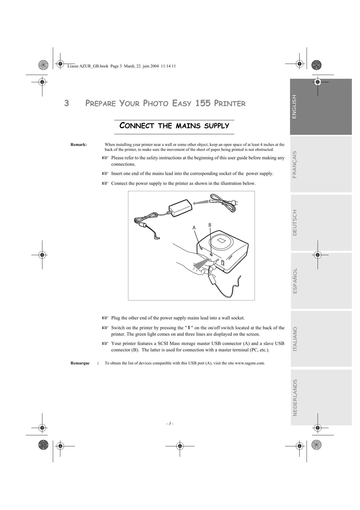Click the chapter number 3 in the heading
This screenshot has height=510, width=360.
[66, 103]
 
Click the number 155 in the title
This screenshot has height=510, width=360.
[203, 103]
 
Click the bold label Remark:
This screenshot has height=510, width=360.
[79, 144]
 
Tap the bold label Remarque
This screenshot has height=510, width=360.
[80, 363]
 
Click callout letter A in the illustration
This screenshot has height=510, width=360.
[194, 228]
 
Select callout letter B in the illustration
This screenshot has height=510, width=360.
[210, 225]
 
